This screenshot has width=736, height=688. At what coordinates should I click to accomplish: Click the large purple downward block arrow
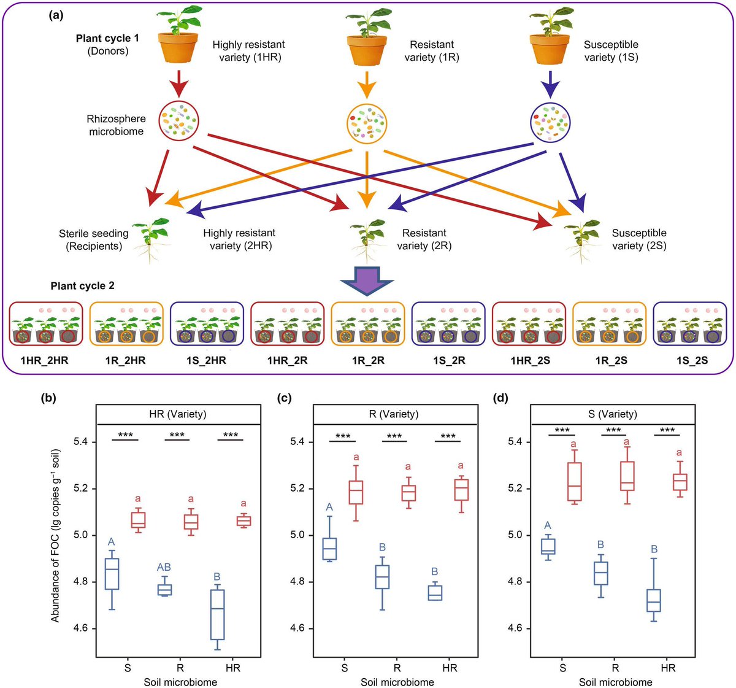point(367,280)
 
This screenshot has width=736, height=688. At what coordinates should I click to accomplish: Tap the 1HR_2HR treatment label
point(45,360)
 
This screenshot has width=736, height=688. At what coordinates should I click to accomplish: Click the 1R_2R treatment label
point(368,360)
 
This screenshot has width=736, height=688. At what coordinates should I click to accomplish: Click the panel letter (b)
point(48,398)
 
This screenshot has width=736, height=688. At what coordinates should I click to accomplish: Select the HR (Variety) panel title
point(178,414)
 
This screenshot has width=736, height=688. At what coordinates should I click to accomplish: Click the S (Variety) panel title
point(613,414)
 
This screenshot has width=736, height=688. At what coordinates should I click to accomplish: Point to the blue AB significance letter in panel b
point(164,567)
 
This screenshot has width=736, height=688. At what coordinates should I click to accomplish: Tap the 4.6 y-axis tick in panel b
point(82,628)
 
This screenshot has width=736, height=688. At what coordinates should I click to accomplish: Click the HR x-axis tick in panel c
point(450,668)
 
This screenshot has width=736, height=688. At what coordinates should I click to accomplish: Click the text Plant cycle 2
point(82,286)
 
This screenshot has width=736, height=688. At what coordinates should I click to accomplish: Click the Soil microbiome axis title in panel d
point(616,682)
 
